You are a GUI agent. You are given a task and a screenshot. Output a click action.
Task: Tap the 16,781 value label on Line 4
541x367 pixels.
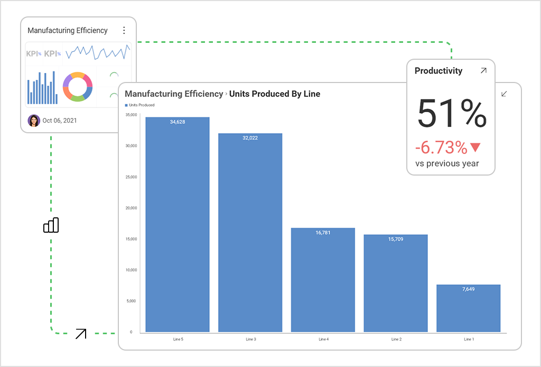click(x=323, y=233)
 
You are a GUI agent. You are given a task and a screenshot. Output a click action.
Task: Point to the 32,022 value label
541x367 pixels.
click(x=250, y=138)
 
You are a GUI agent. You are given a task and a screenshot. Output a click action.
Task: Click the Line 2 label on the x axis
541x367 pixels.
click(x=395, y=339)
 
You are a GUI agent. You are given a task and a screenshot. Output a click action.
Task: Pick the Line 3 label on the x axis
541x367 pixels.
click(x=250, y=339)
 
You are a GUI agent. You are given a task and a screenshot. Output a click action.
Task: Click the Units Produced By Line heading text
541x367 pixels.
click(x=274, y=94)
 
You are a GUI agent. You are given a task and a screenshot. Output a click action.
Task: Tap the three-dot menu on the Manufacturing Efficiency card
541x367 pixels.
click(x=124, y=31)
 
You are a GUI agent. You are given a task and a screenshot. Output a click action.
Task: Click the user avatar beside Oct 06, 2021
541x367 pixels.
click(x=34, y=121)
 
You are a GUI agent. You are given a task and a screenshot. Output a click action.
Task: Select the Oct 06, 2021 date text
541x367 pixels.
click(x=59, y=121)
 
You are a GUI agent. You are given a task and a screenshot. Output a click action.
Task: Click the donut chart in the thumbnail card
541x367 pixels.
click(x=78, y=87)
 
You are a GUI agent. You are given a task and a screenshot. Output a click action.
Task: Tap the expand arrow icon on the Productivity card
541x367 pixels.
click(x=483, y=71)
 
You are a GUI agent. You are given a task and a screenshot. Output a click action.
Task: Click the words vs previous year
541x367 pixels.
click(x=447, y=163)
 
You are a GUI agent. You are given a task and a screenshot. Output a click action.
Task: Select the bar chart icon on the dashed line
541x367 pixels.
click(x=51, y=225)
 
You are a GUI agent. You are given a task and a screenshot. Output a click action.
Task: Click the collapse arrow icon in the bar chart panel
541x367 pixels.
click(x=504, y=94)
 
